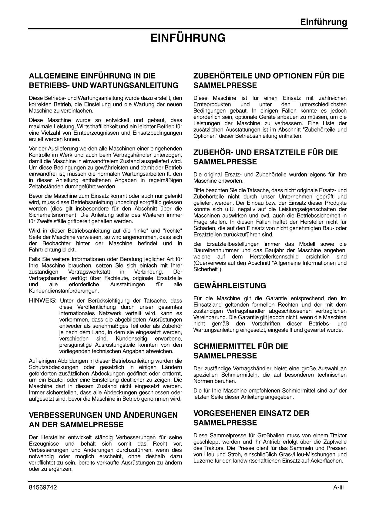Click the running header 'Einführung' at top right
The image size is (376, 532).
click(x=324, y=22)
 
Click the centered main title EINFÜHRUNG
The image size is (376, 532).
click(x=188, y=38)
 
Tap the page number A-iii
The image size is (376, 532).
click(x=338, y=487)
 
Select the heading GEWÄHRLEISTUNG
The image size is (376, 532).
click(x=230, y=286)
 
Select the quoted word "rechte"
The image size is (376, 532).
click(x=173, y=231)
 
